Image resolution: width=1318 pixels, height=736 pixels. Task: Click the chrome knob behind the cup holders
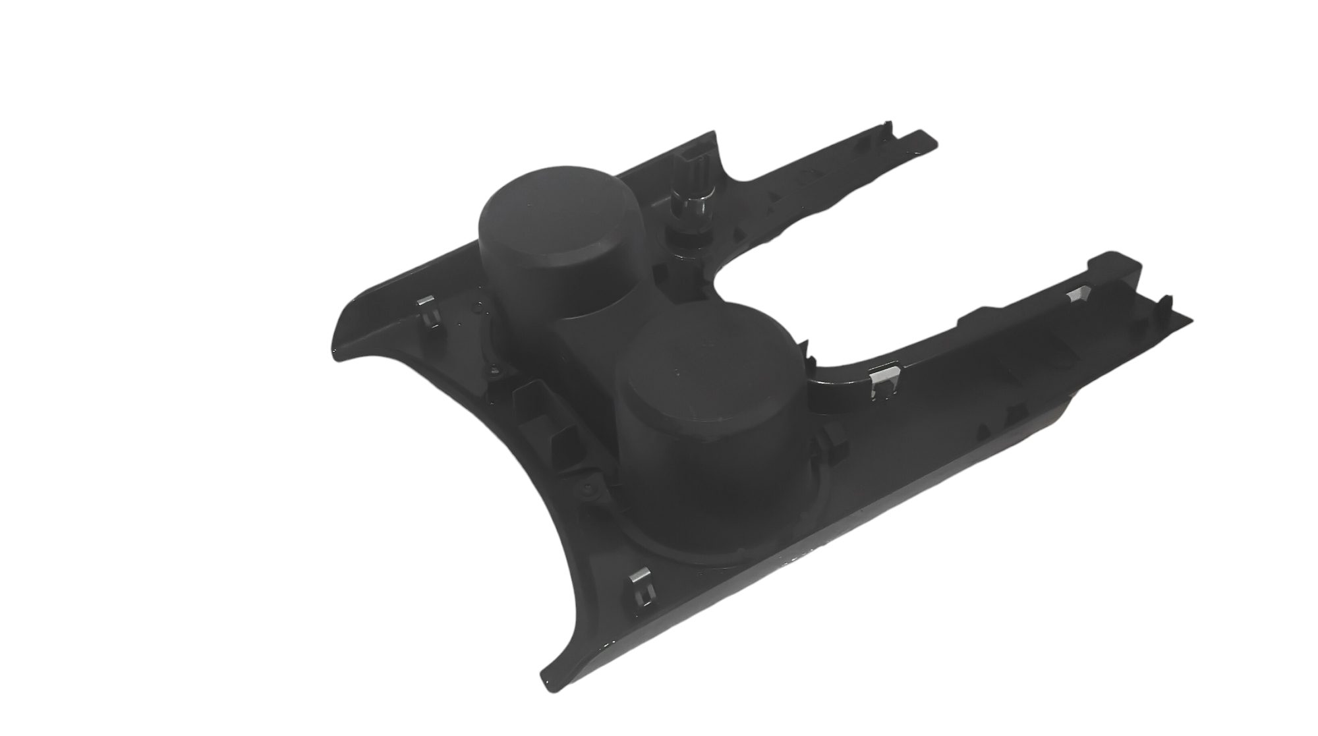[686, 197]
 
